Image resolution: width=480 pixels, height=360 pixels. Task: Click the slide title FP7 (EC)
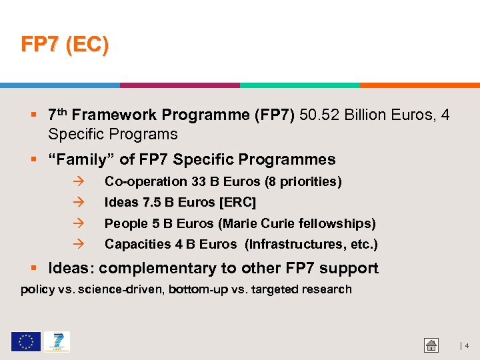click(65, 45)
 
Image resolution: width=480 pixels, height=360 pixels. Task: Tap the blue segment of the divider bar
click(60, 85)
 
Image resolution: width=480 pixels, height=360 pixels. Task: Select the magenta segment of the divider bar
click(180, 85)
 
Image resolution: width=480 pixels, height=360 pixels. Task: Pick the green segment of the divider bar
click(300, 85)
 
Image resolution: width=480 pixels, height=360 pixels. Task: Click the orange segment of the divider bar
click(420, 85)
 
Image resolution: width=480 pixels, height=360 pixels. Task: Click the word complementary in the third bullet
click(157, 269)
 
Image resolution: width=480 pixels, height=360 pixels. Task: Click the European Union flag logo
click(25, 342)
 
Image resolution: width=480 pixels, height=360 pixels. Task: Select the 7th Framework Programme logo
click(57, 342)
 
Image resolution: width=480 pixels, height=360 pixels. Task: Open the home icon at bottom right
click(431, 345)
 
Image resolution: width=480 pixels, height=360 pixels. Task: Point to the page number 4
click(467, 346)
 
